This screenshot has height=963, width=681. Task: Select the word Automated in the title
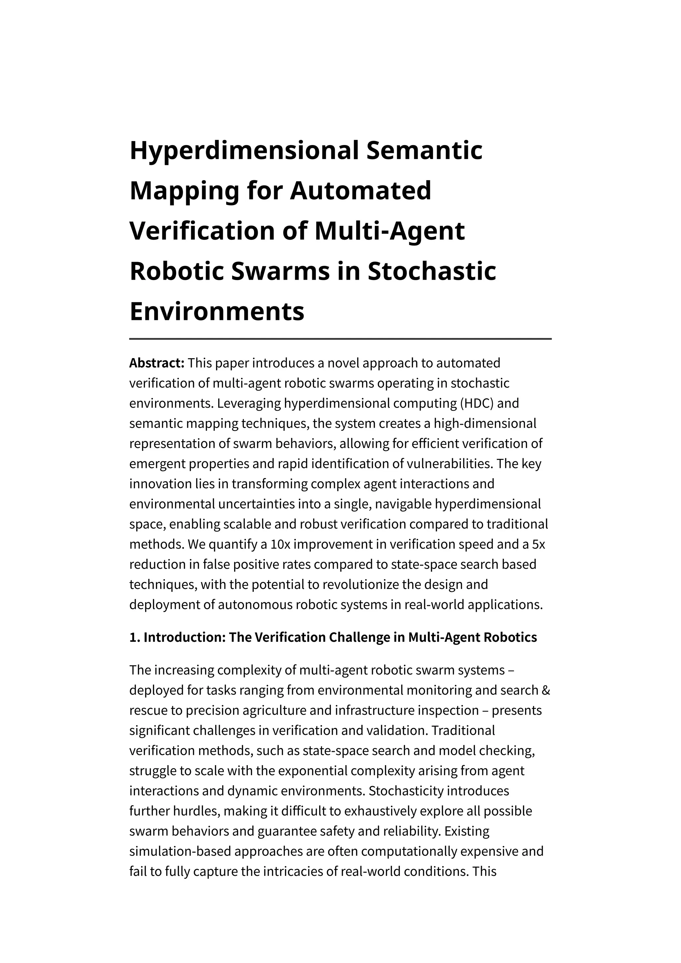pyautogui.click(x=361, y=191)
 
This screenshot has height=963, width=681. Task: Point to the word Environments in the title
pyautogui.click(x=217, y=311)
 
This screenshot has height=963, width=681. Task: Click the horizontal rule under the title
pyautogui.click(x=340, y=339)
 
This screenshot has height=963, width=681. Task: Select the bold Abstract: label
pyautogui.click(x=156, y=363)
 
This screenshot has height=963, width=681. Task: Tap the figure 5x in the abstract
pyautogui.click(x=538, y=544)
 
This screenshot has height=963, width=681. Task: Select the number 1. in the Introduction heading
pyautogui.click(x=134, y=637)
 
